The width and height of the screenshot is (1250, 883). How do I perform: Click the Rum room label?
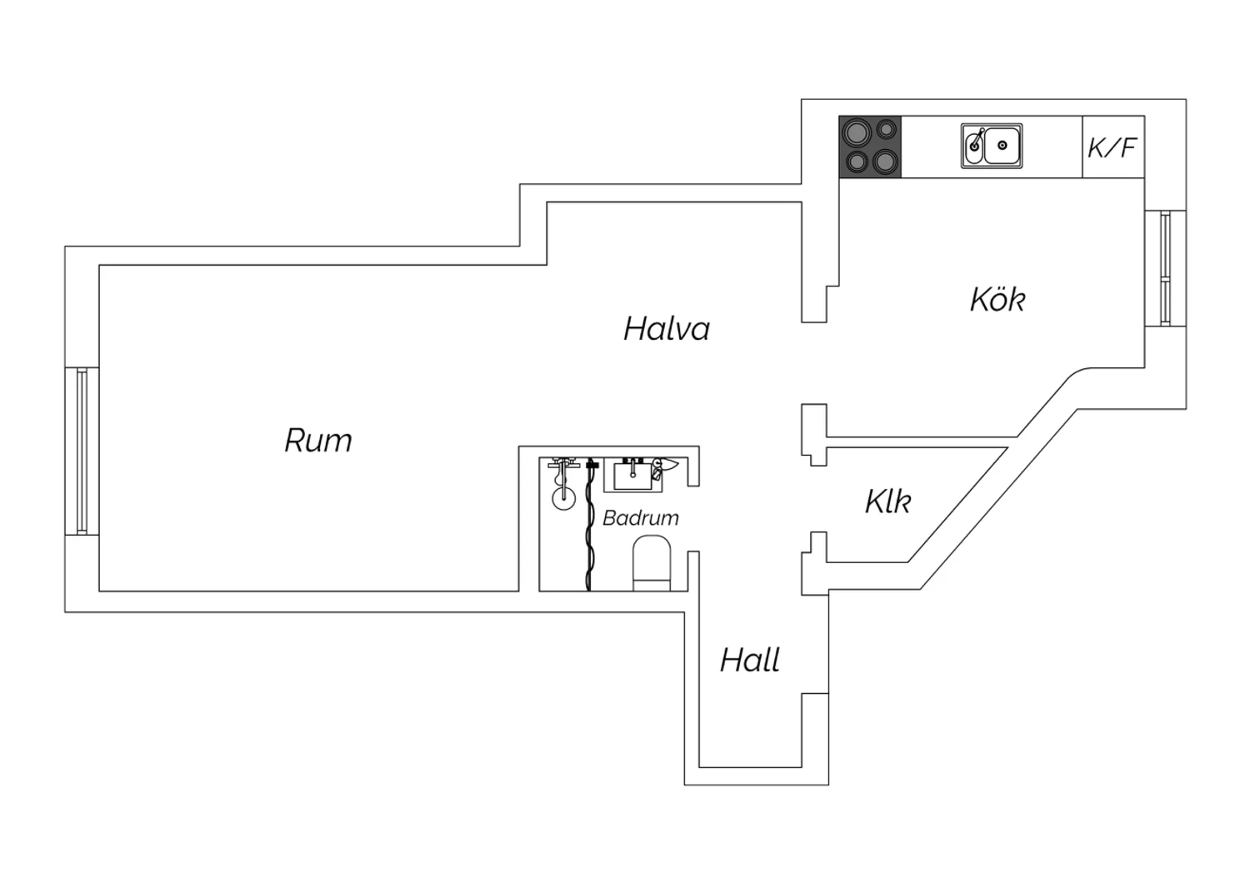[x=318, y=440]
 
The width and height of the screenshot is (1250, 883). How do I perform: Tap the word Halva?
[x=667, y=328]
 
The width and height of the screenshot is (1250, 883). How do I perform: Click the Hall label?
[x=749, y=660]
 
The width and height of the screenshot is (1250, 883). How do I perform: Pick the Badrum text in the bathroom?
[x=641, y=518]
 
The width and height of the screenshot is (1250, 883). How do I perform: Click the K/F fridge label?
[x=1112, y=147]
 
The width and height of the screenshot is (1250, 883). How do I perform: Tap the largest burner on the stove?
[x=857, y=132]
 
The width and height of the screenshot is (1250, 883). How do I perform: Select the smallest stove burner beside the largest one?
[x=886, y=130]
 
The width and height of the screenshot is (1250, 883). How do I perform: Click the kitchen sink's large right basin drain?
[x=1002, y=146]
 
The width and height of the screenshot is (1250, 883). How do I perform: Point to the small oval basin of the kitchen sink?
[x=974, y=147]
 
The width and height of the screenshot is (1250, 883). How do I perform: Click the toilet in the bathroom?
[x=651, y=563]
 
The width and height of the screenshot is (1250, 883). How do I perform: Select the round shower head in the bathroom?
[x=563, y=499]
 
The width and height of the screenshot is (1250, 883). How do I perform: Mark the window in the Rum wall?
[x=82, y=451]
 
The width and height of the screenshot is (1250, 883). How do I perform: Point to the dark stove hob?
[x=870, y=147]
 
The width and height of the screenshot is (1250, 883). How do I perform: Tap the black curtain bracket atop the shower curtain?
[x=592, y=464]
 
